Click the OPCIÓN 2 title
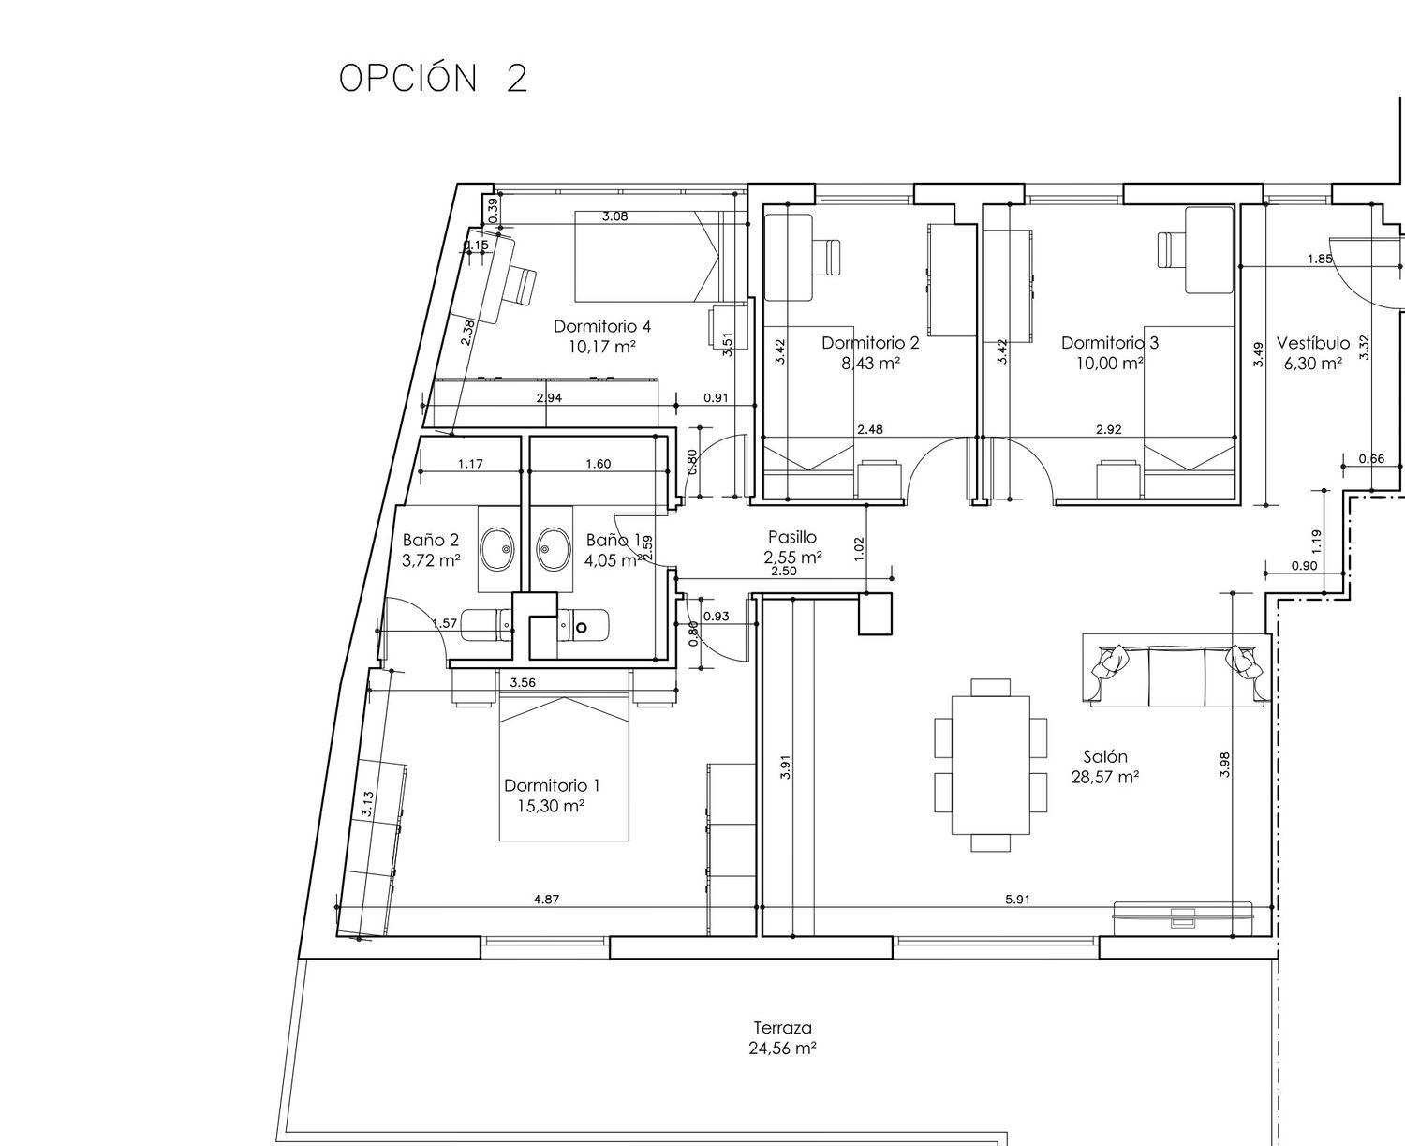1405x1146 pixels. (x=433, y=78)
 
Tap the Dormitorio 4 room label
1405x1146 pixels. (x=602, y=327)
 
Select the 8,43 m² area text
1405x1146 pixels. (x=871, y=364)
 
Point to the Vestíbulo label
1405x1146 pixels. (x=1313, y=343)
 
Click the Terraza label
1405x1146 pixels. (x=783, y=1028)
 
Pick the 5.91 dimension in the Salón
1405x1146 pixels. (x=1017, y=900)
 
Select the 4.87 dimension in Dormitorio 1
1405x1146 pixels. (x=546, y=900)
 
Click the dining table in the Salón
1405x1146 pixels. (x=991, y=766)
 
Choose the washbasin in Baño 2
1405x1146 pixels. (x=497, y=549)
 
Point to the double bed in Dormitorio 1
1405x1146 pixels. (x=564, y=768)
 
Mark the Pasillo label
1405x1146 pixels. (x=792, y=537)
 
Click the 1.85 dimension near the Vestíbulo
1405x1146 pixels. (x=1319, y=259)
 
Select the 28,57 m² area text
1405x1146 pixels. (x=1105, y=778)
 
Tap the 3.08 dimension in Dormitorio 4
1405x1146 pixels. (x=614, y=216)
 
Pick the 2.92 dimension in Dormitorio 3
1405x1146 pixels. (x=1108, y=430)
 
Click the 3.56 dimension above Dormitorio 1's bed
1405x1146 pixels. (x=523, y=683)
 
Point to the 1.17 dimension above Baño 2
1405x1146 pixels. (x=470, y=464)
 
